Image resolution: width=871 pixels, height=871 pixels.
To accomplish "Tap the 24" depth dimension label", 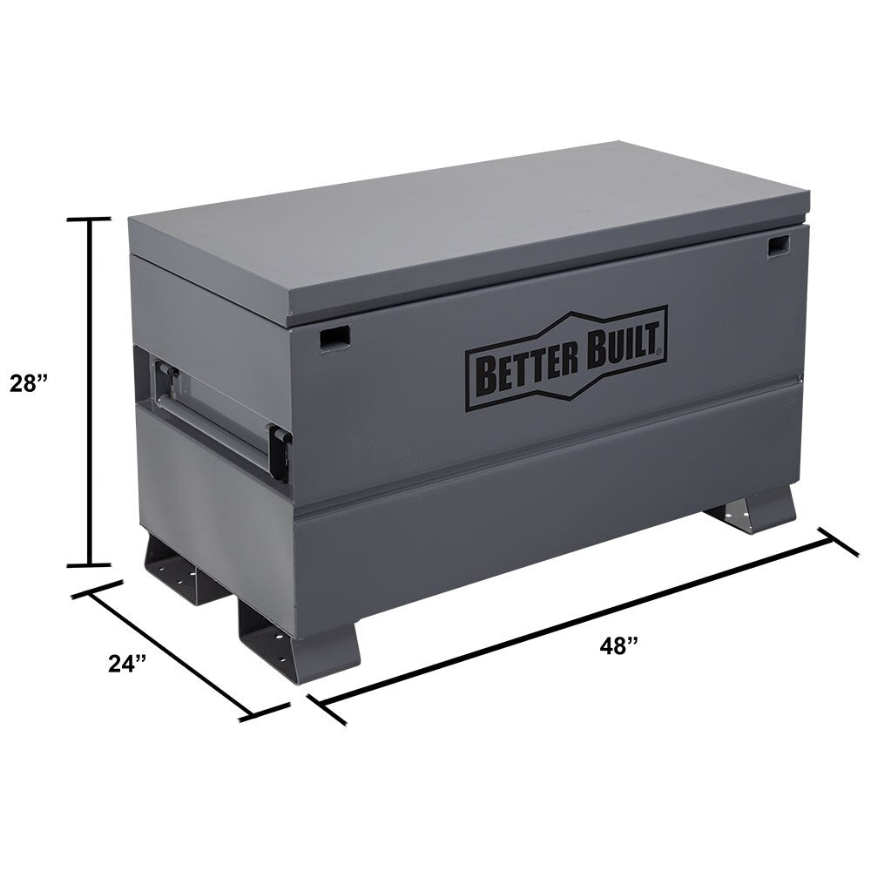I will tap(127, 663).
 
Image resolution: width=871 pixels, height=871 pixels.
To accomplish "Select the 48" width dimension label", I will tap(619, 645).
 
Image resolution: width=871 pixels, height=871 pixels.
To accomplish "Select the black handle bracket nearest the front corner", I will tap(279, 451).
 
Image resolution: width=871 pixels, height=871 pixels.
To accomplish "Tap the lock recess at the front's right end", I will tap(777, 246).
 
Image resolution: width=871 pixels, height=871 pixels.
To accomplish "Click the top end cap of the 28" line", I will tap(90, 219).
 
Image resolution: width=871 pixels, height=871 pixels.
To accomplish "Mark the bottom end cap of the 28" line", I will tap(90, 564).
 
